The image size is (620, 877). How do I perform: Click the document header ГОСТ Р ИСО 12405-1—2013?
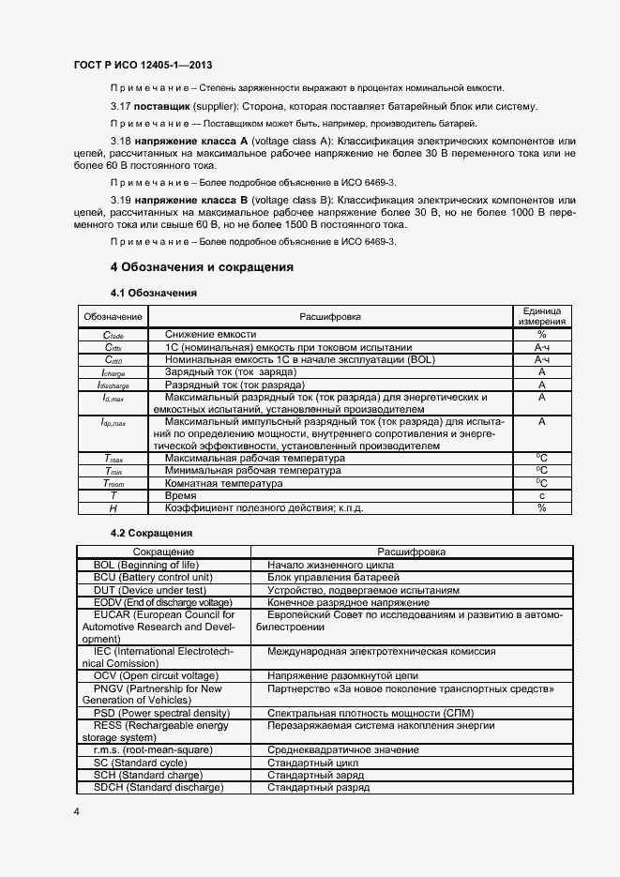[143, 65]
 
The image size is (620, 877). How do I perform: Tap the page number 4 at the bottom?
[75, 810]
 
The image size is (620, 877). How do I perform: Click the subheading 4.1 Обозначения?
[154, 293]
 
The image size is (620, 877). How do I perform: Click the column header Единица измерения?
[541, 316]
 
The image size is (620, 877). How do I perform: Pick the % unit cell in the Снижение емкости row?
[541, 334]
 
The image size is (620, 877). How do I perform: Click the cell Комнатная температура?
[223, 483]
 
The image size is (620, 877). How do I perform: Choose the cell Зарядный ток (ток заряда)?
[230, 372]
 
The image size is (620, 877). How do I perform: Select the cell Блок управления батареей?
[333, 577]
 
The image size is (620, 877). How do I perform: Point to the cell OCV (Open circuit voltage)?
[156, 675]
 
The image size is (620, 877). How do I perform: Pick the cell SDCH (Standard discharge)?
[159, 786]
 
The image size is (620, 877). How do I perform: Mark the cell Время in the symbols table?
[181, 495]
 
